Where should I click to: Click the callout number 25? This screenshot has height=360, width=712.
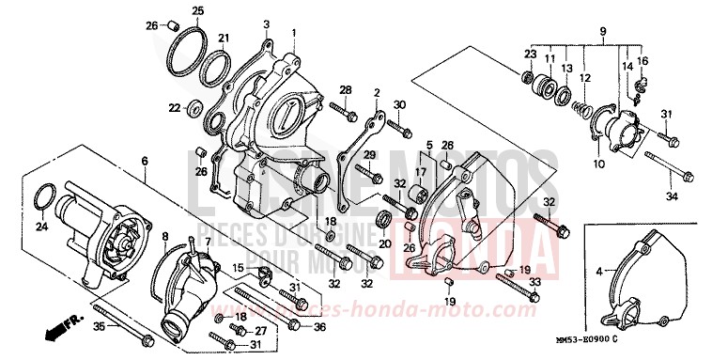(x=197, y=11)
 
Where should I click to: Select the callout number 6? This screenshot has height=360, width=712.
(x=145, y=162)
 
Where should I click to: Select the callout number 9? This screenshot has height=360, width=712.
(x=601, y=32)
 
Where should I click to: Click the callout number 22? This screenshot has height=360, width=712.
(x=174, y=108)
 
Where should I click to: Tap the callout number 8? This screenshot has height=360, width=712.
(x=165, y=236)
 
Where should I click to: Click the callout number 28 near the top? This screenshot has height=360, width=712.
(x=346, y=89)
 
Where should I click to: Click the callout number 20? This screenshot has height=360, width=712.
(x=384, y=243)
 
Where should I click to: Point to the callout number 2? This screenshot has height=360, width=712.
(x=376, y=93)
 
